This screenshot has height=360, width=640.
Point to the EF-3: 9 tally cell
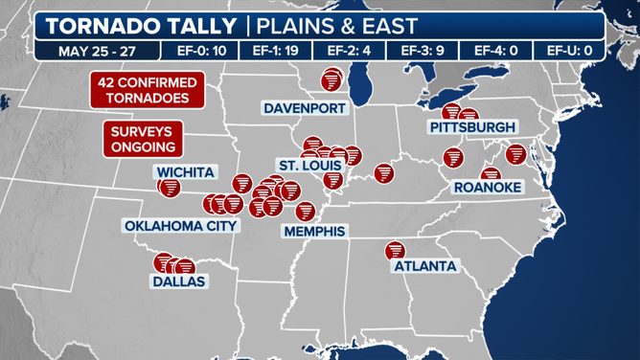[x=415, y=51]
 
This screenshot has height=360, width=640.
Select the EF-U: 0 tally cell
[x=569, y=51]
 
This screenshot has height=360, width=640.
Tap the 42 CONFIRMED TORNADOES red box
[x=145, y=91]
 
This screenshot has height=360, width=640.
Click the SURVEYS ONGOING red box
[x=143, y=139]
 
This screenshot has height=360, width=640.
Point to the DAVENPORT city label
[x=304, y=108]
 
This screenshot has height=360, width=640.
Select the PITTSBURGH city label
[x=472, y=127]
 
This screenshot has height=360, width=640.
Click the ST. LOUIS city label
[x=306, y=166]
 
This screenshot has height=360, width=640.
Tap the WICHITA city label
[x=186, y=172]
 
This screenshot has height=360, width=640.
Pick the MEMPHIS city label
[x=313, y=232]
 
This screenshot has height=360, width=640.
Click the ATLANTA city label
[x=425, y=266]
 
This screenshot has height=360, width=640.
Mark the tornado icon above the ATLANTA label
[x=394, y=250]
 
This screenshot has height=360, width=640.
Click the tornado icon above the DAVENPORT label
[x=331, y=79]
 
